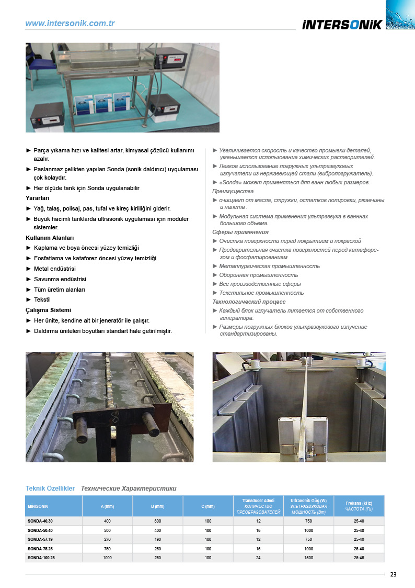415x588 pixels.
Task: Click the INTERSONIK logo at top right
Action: point(342,24)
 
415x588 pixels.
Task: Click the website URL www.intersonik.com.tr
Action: point(70,24)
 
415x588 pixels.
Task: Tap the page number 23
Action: point(393,574)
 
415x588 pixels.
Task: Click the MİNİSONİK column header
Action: point(38,506)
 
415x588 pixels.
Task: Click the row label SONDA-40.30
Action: point(40,522)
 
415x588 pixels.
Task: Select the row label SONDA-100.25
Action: point(41,558)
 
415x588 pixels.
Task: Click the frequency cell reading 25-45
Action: point(359,558)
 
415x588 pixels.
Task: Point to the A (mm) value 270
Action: point(107,539)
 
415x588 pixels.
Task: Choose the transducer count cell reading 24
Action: point(258,558)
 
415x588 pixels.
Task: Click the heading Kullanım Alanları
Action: point(50,238)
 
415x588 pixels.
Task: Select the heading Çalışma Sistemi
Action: point(48,310)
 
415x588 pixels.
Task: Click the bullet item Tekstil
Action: point(42,299)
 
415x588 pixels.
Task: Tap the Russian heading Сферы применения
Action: point(240,232)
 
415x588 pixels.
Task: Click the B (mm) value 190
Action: point(157,539)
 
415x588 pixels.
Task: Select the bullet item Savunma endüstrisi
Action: point(60,279)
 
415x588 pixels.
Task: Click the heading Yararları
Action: point(38,198)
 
